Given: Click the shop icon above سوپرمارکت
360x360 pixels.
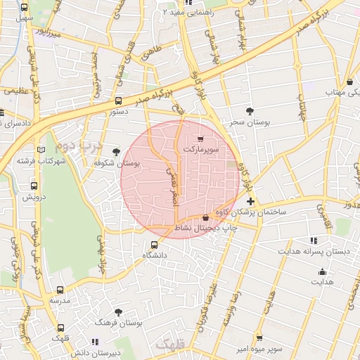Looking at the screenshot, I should [202, 140].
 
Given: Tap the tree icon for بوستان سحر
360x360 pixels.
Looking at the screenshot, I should [250, 111].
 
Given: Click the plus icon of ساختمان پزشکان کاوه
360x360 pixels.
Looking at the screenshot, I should [251, 202].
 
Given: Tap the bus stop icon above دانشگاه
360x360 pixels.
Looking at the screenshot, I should [155, 245].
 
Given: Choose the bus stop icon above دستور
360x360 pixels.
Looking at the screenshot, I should [119, 101].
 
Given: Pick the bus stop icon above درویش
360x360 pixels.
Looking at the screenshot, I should [34, 186].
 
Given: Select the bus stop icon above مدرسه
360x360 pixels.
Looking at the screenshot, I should [59, 289].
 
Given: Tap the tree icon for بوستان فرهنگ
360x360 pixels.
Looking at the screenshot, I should [118, 312].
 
